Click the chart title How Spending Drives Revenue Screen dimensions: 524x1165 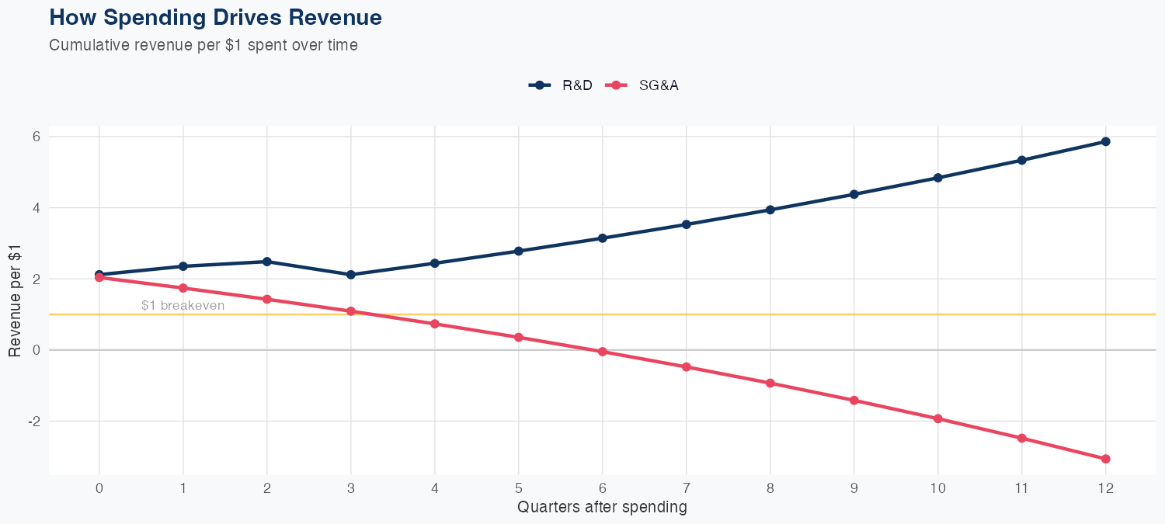point(215,17)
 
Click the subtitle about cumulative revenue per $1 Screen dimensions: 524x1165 point(203,45)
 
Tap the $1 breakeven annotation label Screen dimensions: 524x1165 point(183,306)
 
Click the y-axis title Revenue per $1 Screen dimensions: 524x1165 point(15,300)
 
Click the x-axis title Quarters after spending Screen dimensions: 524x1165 point(602,508)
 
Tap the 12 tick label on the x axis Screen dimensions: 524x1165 point(1105,488)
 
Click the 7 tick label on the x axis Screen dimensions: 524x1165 point(686,488)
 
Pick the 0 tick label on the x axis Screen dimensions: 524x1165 point(99,488)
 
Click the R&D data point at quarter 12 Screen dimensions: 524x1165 point(1105,141)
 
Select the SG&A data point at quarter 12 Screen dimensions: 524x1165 point(1105,459)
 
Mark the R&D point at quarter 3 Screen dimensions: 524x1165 point(350,275)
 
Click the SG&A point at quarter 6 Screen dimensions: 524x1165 point(602,352)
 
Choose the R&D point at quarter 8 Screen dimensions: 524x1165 point(770,210)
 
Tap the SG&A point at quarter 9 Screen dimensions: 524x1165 point(854,401)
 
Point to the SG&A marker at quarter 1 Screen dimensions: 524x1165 point(183,288)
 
